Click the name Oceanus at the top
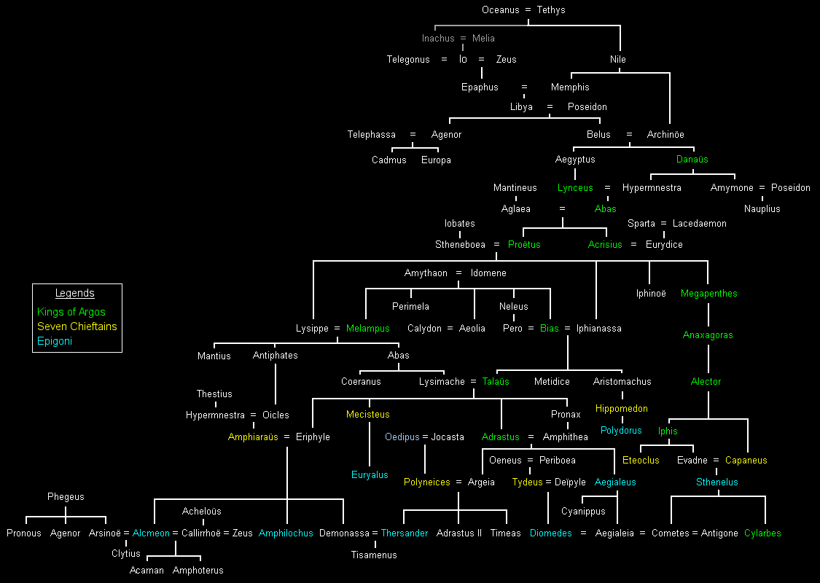[x=499, y=10]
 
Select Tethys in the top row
[x=551, y=10]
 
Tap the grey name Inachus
[x=438, y=39]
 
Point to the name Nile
[x=618, y=60]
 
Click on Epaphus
[x=480, y=87]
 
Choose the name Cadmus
[x=389, y=160]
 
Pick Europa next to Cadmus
[x=436, y=160]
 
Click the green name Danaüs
[x=692, y=160]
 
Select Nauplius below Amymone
[x=762, y=209]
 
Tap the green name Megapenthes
[x=708, y=294]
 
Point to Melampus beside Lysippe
[x=367, y=329]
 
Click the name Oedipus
[x=402, y=437]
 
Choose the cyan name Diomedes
[x=550, y=533]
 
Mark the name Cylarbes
[x=762, y=533]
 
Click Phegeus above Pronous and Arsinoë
[x=66, y=497]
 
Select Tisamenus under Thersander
[x=374, y=555]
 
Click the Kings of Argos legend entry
[x=71, y=312]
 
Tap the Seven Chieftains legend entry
[x=77, y=326]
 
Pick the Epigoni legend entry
[x=55, y=341]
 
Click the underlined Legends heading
[x=75, y=293]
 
